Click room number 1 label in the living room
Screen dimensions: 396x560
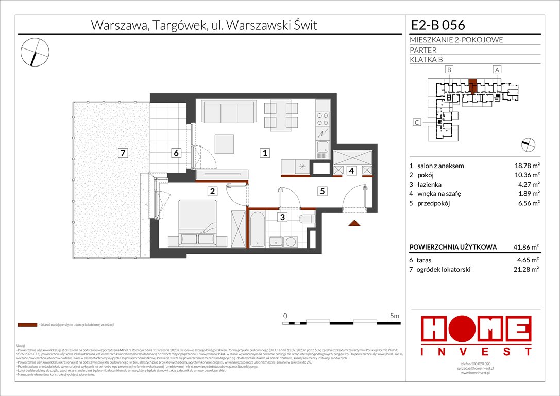tap(264, 153)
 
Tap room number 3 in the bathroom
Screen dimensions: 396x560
tap(283, 218)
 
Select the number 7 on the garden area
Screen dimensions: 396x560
tap(122, 153)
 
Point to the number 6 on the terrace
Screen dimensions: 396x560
tap(176, 153)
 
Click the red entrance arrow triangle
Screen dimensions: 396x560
tap(353, 223)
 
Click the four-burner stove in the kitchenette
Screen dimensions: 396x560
tap(323, 120)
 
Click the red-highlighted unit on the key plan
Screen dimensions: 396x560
tap(473, 86)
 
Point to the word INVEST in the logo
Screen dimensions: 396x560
tap(476, 352)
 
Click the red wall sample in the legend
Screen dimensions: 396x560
tap(27, 325)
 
